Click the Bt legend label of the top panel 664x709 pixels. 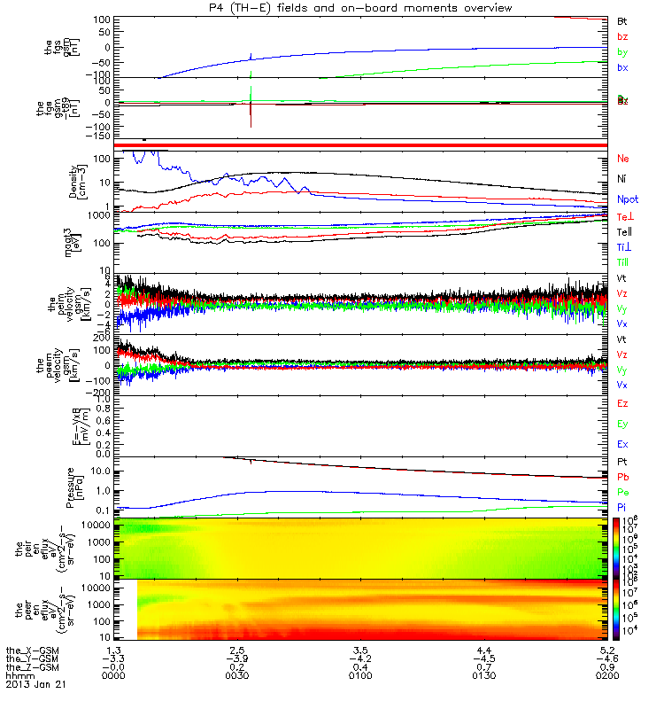622,19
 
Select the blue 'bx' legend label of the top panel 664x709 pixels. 622,67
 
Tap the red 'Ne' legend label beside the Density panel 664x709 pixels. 623,159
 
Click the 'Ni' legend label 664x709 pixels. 622,180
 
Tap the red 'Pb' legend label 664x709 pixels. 622,477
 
